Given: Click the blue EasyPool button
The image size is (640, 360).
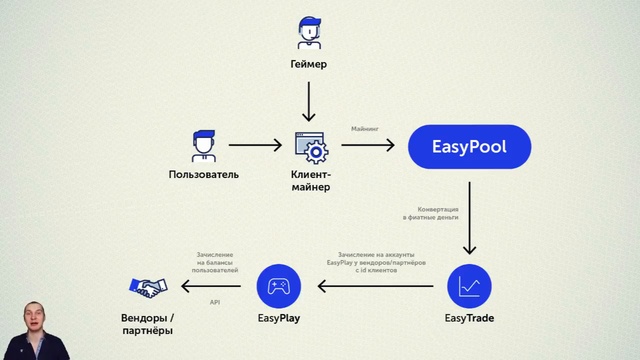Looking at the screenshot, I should click(468, 147).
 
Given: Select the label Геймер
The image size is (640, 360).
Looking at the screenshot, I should click(309, 65).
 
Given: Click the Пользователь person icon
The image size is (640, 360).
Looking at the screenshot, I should click(204, 146).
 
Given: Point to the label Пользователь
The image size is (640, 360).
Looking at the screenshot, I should click(204, 175).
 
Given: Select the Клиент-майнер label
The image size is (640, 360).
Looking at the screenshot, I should click(310, 181).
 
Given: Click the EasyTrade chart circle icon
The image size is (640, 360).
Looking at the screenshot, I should click(468, 287).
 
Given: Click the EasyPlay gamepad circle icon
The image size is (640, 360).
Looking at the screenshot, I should click(279, 287).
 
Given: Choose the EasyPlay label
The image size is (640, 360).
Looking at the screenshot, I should click(279, 319).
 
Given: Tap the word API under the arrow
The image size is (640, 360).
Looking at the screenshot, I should click(214, 301).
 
